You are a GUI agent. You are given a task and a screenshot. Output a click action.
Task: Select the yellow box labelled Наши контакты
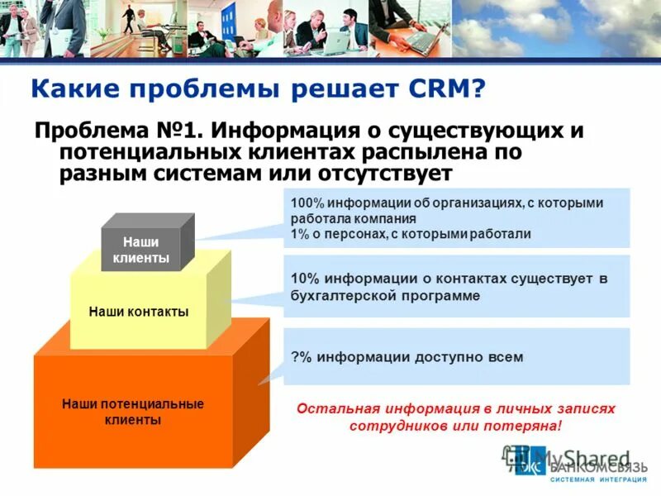138,312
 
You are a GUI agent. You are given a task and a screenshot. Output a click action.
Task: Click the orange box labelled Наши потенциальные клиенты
132,412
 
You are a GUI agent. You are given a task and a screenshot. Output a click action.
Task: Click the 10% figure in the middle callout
303,279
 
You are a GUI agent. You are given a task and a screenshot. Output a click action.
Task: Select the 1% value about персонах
299,234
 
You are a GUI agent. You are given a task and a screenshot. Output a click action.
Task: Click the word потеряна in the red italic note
530,426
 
